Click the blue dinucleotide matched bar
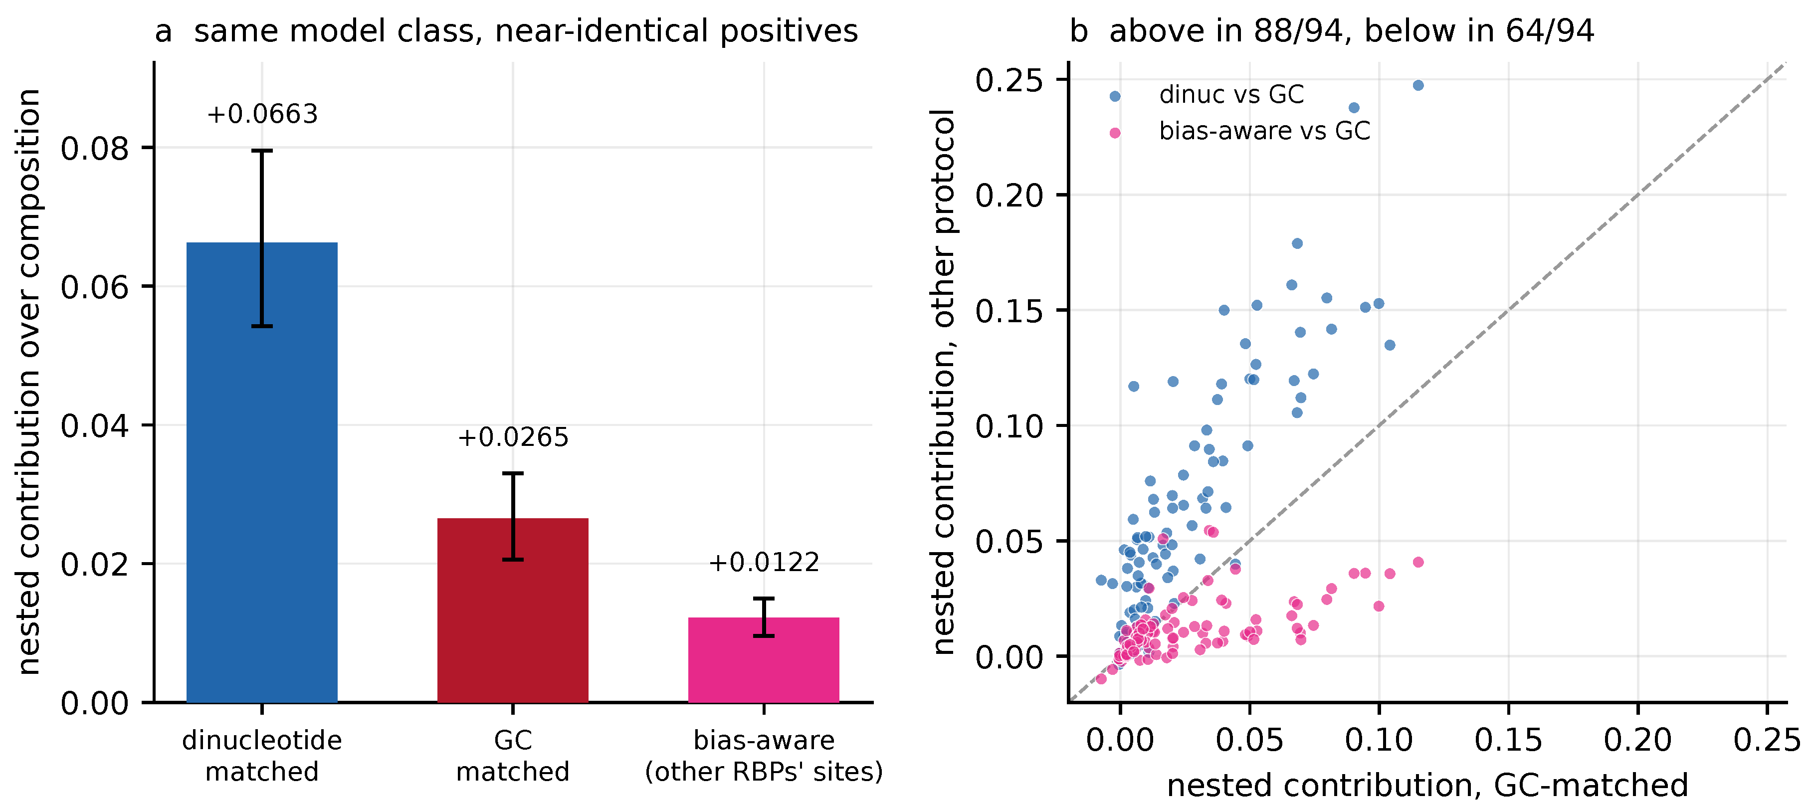click(262, 472)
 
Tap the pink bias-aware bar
click(764, 659)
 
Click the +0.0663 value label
click(262, 114)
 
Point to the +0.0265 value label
click(513, 437)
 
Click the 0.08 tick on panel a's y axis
click(95, 149)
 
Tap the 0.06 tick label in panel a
click(95, 287)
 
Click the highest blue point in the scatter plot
click(1418, 85)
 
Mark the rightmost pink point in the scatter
click(1418, 562)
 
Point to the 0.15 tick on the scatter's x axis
click(1508, 740)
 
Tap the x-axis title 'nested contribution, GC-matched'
click(1427, 785)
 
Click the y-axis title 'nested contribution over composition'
click(29, 382)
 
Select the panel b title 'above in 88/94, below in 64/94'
click(1332, 31)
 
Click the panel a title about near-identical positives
click(506, 31)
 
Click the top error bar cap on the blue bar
click(262, 151)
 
